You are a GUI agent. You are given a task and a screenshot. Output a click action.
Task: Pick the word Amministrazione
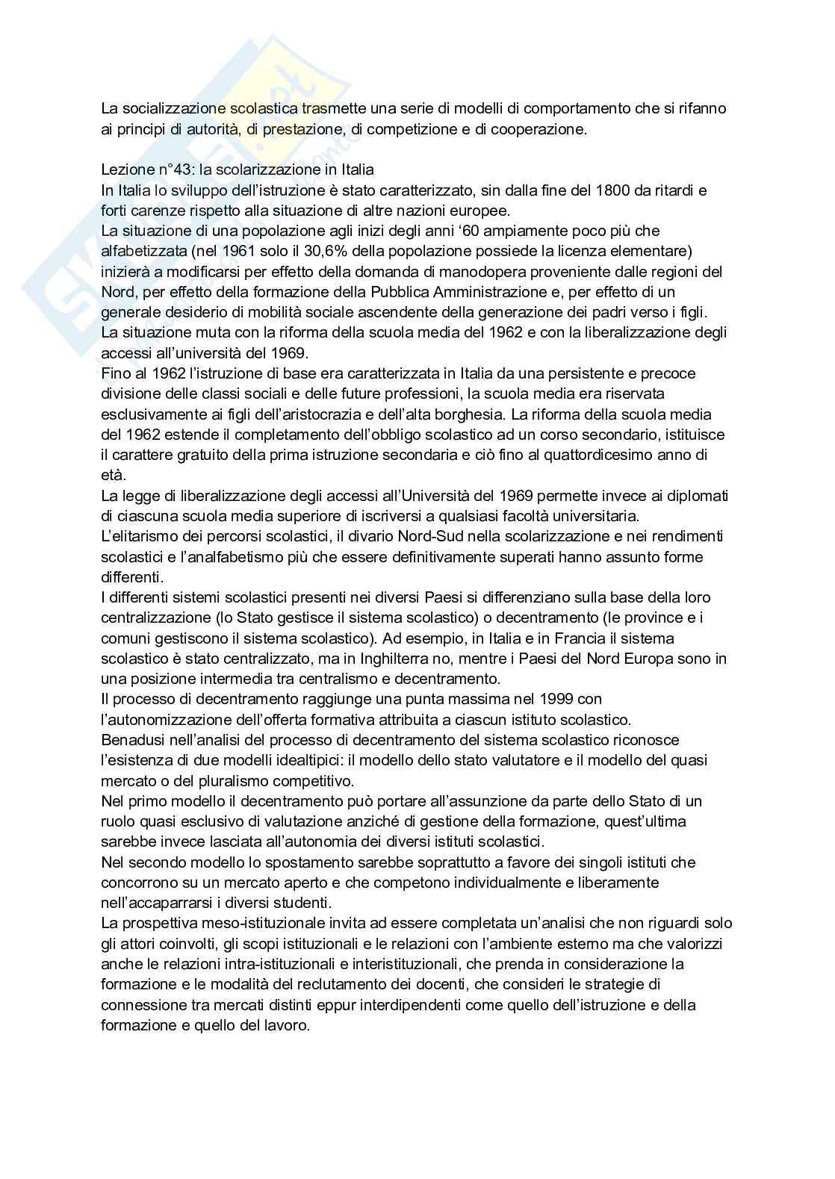tap(482, 292)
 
